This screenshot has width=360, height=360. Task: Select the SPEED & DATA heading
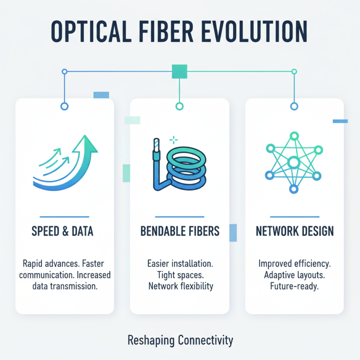(63, 231)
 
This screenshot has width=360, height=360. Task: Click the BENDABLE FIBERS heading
(180, 231)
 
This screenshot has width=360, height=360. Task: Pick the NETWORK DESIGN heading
(295, 231)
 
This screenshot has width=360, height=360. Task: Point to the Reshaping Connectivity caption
(180, 340)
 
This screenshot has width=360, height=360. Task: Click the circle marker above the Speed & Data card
(64, 106)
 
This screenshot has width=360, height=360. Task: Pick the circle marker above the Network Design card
(294, 106)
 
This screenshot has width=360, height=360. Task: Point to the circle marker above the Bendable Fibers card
(180, 106)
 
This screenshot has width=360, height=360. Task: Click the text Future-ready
(295, 287)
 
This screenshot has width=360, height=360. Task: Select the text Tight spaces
(180, 274)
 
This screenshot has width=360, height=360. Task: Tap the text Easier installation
(180, 263)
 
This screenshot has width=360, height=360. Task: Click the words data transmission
(63, 287)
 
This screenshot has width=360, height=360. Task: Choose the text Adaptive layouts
(295, 274)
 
